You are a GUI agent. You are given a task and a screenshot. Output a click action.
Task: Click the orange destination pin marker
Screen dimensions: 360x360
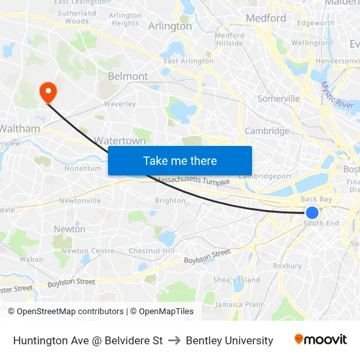point(48,92)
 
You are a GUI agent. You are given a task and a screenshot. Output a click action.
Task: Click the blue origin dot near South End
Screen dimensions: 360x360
point(312,213)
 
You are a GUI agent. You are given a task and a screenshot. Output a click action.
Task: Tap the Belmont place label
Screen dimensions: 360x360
point(128,77)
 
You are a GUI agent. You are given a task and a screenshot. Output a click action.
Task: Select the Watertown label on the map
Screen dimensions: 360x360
point(120,141)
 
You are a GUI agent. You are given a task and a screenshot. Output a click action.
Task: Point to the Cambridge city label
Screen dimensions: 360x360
point(266,131)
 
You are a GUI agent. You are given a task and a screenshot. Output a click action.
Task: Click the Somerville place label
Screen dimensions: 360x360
point(278,99)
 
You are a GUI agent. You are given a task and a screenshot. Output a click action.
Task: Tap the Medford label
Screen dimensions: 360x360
point(266,18)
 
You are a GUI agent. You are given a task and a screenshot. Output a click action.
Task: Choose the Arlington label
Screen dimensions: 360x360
point(170,27)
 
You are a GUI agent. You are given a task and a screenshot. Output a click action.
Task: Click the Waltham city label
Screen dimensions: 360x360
point(20,129)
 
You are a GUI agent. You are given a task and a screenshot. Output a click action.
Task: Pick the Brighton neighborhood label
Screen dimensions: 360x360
point(170,201)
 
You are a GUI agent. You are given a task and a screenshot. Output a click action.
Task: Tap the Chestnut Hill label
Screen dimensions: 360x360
point(151,251)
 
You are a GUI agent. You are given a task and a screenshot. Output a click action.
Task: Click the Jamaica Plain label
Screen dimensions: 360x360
point(238,304)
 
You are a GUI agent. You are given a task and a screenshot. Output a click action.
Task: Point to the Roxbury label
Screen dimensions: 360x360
point(287,266)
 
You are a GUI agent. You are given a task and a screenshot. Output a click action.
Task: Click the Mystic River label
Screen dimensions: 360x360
point(337,96)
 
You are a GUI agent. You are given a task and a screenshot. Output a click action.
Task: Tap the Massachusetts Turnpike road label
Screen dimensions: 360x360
point(192,181)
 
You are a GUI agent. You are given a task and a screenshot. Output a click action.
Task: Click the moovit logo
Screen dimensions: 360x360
point(321,340)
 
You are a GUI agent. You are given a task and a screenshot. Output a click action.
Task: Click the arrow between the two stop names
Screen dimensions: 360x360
point(174,340)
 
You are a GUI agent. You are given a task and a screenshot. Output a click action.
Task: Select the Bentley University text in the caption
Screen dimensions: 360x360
point(229,340)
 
